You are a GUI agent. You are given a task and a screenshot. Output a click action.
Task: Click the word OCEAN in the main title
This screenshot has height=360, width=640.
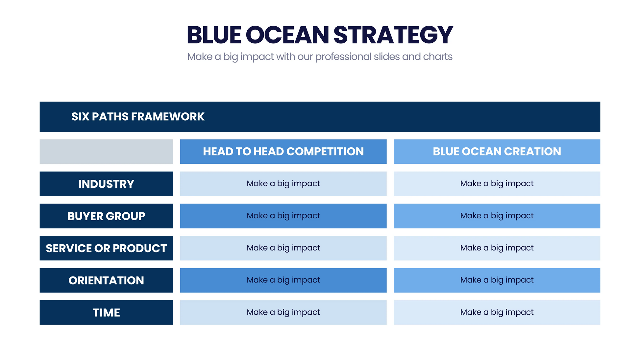(287, 35)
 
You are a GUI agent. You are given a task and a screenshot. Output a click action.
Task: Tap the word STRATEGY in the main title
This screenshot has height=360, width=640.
(393, 35)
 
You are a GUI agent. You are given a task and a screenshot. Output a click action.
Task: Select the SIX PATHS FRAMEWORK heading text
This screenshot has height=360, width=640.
(138, 117)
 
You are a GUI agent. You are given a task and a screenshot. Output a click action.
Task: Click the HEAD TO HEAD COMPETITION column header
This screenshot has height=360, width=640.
(283, 152)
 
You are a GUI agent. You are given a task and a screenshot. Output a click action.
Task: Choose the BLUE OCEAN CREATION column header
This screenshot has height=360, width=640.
(497, 152)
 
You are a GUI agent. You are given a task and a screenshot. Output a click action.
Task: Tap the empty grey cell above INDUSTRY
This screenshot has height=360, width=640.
(106, 152)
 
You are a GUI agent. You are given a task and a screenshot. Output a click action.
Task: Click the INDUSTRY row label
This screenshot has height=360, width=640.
(106, 184)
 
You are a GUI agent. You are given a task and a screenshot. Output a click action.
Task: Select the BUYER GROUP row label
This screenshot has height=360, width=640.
(106, 216)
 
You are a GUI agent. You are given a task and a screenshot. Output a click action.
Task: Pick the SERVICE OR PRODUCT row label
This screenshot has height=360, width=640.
(106, 248)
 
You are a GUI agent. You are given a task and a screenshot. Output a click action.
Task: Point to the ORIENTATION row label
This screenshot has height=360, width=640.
(106, 280)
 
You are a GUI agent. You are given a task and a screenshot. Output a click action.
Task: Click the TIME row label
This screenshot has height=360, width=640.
(106, 312)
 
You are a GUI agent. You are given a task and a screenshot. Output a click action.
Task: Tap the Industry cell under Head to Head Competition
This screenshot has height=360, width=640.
(283, 184)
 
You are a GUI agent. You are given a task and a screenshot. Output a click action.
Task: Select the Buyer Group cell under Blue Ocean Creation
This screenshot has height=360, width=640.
(497, 216)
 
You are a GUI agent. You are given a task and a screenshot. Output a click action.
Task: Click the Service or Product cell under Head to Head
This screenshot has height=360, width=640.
(283, 248)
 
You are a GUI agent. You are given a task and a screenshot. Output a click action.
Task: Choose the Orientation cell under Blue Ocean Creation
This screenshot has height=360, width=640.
(497, 280)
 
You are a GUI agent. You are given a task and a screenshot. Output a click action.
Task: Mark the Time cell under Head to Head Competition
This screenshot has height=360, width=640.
(283, 312)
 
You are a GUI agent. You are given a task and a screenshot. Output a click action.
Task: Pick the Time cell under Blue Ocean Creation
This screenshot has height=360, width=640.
(497, 312)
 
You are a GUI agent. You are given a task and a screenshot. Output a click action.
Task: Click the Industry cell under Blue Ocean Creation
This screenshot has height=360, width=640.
(497, 184)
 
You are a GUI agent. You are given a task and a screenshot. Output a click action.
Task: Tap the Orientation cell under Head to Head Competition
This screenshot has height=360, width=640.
(283, 280)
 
